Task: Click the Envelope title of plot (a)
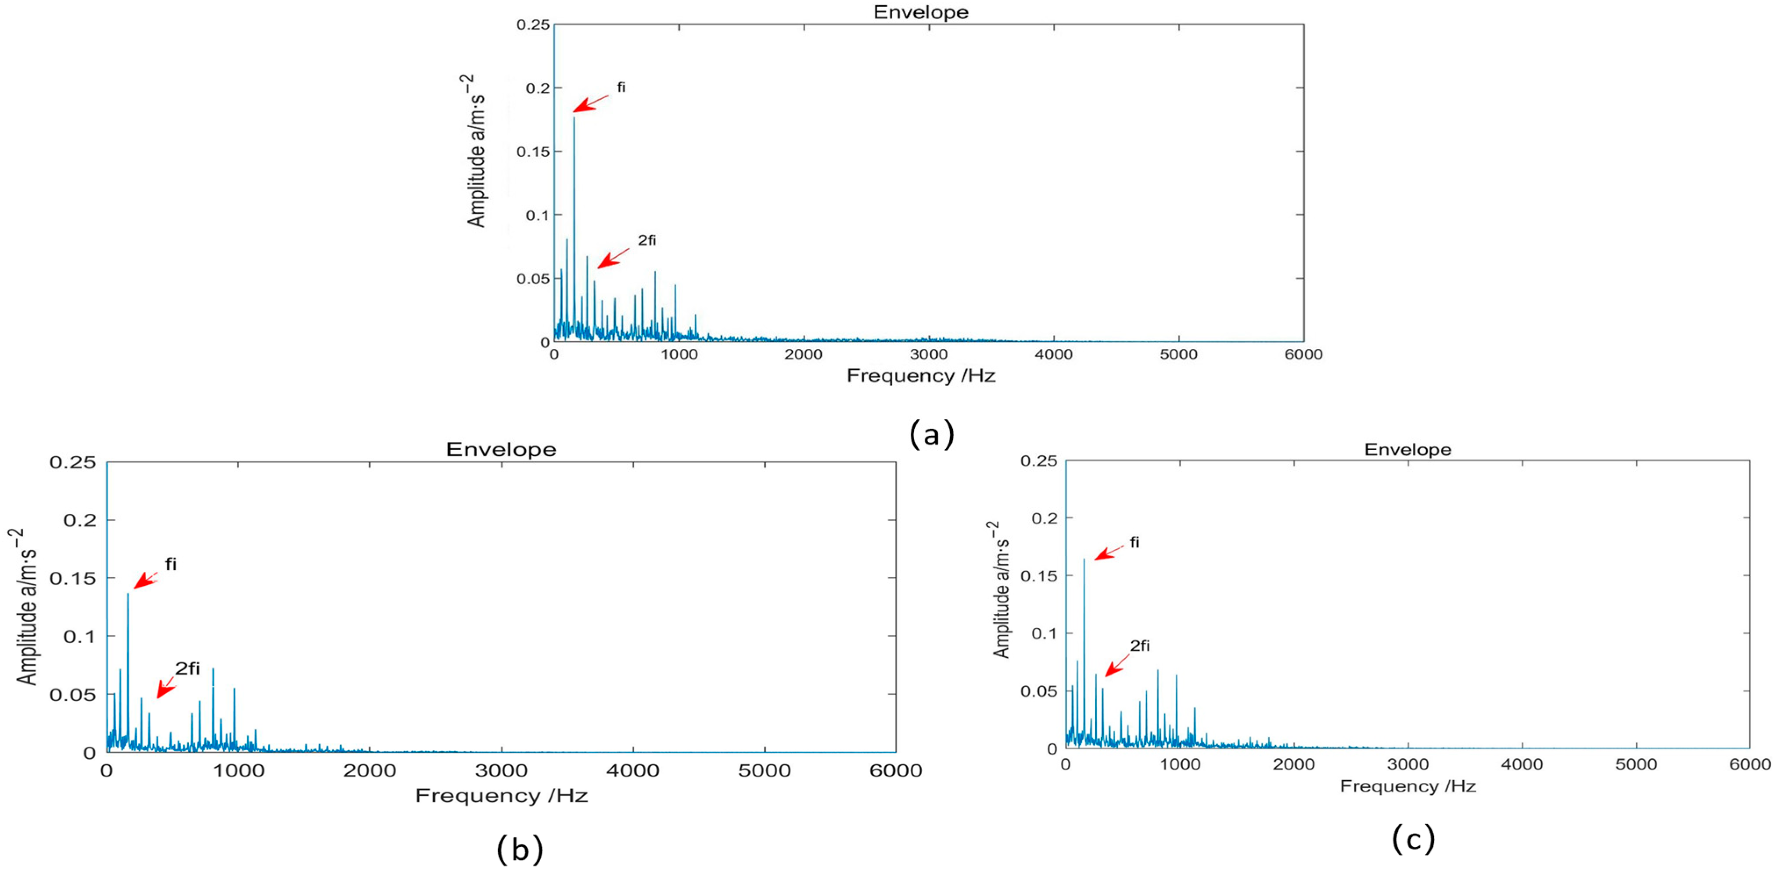point(921,12)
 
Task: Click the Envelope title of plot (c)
point(1407,450)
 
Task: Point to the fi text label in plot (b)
point(170,564)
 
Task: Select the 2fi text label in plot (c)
point(1140,646)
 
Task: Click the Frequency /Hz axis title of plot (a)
point(921,376)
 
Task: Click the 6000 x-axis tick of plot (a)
point(1303,355)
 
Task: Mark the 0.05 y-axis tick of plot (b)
point(72,694)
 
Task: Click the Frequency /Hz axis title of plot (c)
point(1407,786)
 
